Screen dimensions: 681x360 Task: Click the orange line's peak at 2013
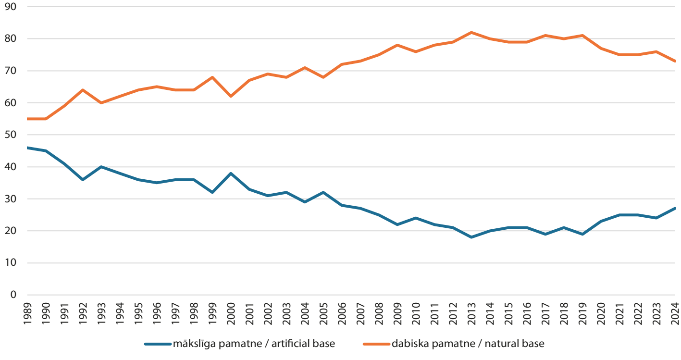click(471, 32)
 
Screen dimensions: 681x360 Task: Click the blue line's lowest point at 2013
click(471, 237)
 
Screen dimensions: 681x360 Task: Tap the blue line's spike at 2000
click(231, 174)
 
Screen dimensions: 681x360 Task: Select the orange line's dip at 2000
click(231, 97)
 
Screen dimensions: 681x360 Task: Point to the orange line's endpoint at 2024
click(675, 61)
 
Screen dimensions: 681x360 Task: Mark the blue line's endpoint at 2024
click(675, 209)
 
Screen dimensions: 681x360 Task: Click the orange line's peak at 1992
click(83, 90)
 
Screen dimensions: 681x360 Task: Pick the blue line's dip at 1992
click(83, 180)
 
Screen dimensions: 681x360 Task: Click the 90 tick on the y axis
click(11, 7)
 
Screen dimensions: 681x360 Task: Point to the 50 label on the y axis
click(11, 135)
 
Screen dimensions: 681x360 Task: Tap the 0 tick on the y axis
click(13, 295)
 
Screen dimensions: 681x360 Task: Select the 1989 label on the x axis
click(27, 313)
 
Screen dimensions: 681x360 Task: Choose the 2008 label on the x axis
click(379, 313)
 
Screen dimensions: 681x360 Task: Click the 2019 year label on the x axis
click(582, 313)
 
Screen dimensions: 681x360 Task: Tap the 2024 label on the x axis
click(675, 313)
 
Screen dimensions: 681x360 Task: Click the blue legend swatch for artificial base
click(158, 344)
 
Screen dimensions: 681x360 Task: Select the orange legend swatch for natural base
click(377, 344)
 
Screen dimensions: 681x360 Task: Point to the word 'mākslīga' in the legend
click(195, 344)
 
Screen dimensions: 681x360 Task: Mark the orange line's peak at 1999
click(212, 77)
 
